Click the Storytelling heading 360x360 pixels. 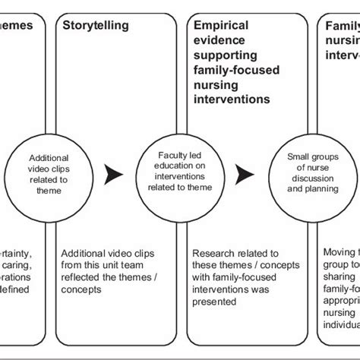(95, 25)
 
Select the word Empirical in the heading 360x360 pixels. (220, 25)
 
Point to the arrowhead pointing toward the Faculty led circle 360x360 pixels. (115, 175)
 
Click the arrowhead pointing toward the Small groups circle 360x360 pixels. (244, 175)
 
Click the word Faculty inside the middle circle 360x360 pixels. (169, 153)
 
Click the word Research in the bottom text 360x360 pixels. (216, 254)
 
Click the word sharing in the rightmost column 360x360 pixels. (340, 278)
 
